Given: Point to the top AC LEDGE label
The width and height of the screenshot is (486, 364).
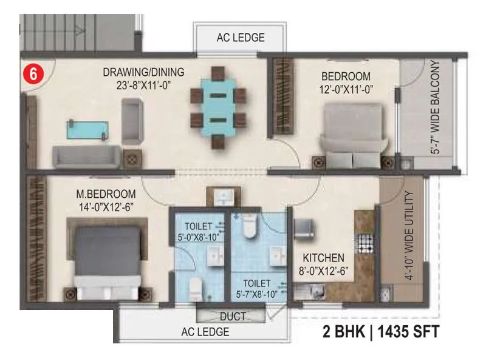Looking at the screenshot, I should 241,38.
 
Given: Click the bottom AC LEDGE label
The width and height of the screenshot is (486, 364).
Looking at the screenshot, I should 205,332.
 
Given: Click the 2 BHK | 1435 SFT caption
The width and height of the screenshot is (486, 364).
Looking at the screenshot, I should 380,332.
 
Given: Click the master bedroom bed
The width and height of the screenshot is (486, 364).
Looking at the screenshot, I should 108,258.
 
